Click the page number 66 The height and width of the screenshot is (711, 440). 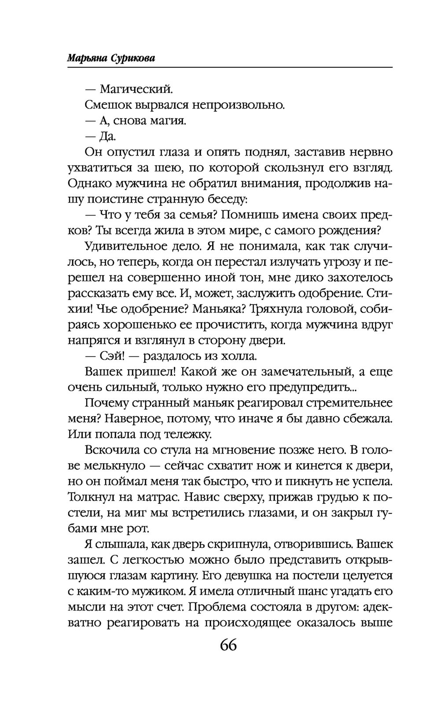(228, 645)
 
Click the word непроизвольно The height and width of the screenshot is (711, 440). (238, 105)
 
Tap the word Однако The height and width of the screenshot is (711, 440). (92, 183)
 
